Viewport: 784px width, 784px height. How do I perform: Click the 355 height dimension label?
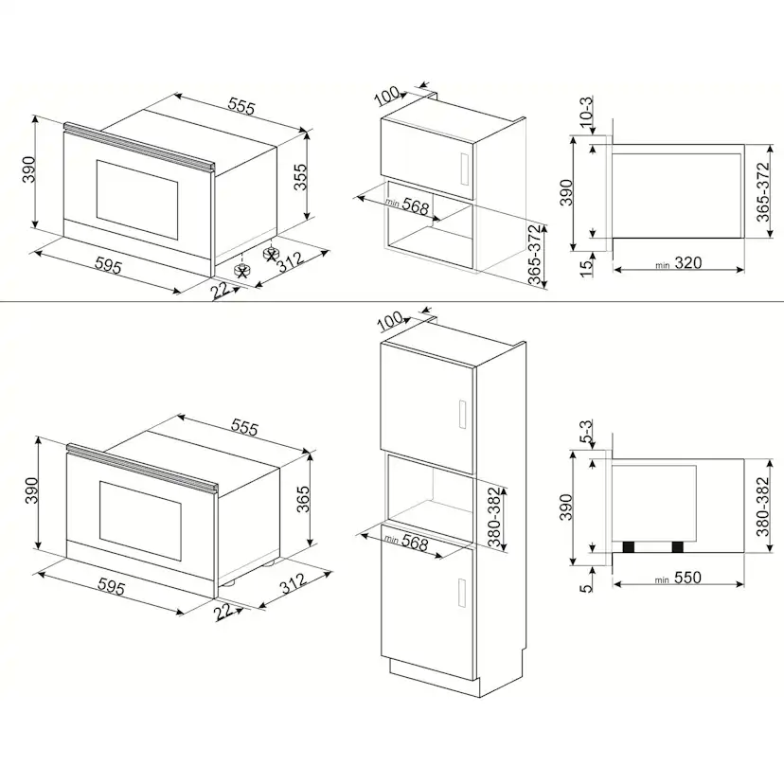point(300,176)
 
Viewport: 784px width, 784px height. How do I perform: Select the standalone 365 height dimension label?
point(304,499)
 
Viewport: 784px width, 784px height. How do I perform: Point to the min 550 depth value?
point(678,578)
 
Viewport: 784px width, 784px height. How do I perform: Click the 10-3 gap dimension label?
point(586,112)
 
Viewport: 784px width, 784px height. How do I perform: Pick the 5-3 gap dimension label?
point(586,432)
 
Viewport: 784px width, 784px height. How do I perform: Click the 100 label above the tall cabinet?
point(390,320)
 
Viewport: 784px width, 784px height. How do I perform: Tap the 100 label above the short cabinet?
point(387,96)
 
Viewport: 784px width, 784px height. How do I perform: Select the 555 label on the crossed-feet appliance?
point(241,106)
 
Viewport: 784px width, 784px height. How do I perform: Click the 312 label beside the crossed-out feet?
point(291,261)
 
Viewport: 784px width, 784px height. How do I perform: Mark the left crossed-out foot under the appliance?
point(242,271)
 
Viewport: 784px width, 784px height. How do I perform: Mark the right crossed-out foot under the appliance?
point(271,254)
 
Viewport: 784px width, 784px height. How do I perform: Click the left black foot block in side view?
point(629,547)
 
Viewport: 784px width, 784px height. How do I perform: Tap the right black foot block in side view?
point(678,547)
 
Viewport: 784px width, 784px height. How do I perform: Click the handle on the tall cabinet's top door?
point(462,415)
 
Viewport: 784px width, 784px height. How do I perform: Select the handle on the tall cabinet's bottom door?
point(462,593)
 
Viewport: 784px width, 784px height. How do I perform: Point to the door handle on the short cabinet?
point(464,168)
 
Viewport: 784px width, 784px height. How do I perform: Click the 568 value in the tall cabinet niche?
point(415,543)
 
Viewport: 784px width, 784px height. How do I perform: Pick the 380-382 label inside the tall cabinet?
point(494,517)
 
